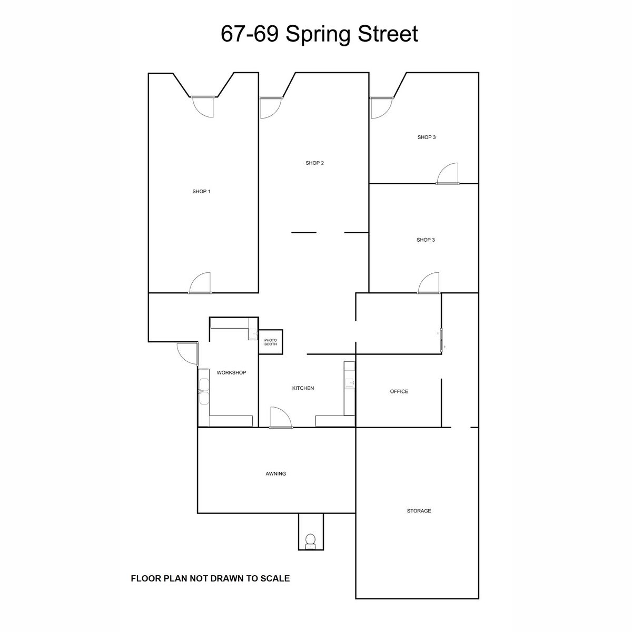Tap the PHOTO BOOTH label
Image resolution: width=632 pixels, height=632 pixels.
click(271, 342)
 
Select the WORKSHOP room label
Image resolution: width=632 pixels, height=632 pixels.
click(231, 372)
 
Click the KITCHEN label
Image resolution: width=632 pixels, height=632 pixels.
click(303, 388)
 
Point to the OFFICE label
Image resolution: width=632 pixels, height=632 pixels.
click(399, 391)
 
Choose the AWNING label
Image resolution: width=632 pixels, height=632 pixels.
click(275, 473)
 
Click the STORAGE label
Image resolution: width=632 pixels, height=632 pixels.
click(419, 511)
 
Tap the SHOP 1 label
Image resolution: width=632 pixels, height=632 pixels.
click(201, 191)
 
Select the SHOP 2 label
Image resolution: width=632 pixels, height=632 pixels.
click(314, 163)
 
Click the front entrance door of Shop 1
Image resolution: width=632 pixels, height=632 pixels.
click(202, 106)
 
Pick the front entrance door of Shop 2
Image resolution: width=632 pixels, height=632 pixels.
click(271, 107)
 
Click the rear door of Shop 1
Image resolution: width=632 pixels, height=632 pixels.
click(200, 283)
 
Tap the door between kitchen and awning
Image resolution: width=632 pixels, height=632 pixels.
click(281, 418)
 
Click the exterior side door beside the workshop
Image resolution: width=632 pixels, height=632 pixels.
click(188, 353)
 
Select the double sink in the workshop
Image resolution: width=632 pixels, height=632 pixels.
click(204, 391)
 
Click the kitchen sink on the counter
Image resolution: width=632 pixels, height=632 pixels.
click(350, 382)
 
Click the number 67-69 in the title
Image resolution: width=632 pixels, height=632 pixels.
click(250, 34)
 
